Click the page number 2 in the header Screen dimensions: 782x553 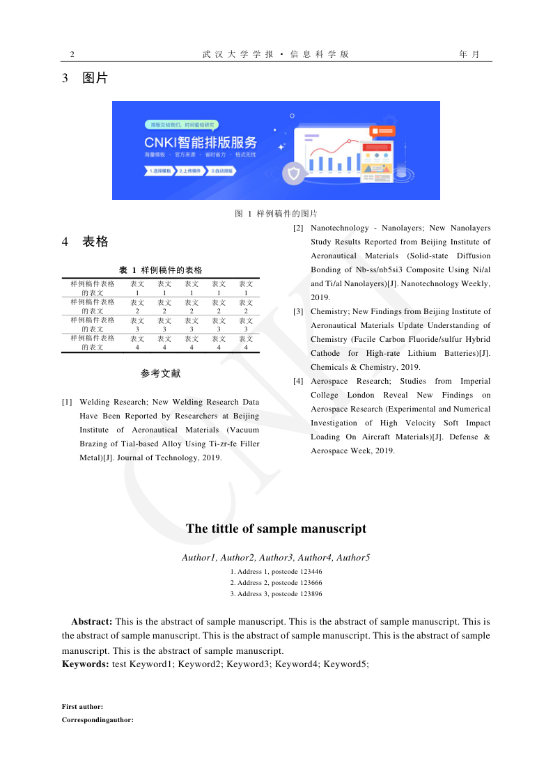pyautogui.click(x=72, y=54)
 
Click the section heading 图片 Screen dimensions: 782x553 pyautogui.click(x=95, y=78)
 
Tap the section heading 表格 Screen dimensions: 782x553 pyautogui.click(x=95, y=242)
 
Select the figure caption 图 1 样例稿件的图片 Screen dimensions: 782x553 pyautogui.click(x=276, y=214)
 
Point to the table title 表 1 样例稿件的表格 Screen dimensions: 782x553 pyautogui.click(x=160, y=270)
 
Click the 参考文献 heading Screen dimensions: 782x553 pyautogui.click(x=160, y=374)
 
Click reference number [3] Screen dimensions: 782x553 pyautogui.click(x=298, y=311)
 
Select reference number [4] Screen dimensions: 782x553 pyautogui.click(x=298, y=381)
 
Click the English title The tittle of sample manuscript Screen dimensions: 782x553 pyautogui.click(x=276, y=529)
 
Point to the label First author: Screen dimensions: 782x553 pyautogui.click(x=82, y=707)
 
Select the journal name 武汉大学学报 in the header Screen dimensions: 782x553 pyautogui.click(x=238, y=54)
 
